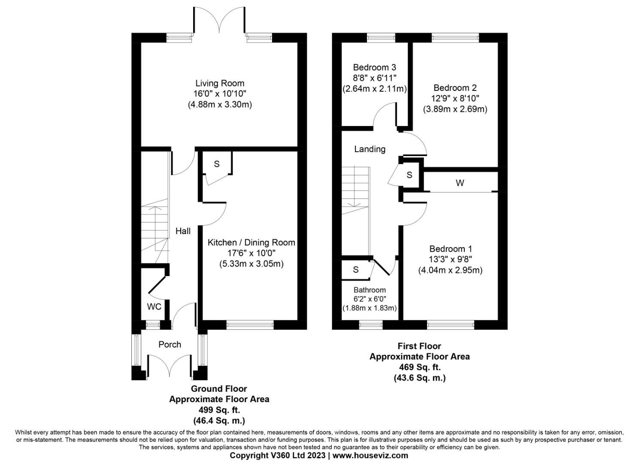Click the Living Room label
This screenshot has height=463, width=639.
pyautogui.click(x=220, y=83)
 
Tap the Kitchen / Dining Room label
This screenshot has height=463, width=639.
pyautogui.click(x=251, y=243)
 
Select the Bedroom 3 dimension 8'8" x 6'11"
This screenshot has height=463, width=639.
pyautogui.click(x=374, y=78)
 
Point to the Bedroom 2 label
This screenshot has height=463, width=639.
pyautogui.click(x=455, y=88)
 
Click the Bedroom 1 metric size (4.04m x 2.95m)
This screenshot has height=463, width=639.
pyautogui.click(x=450, y=270)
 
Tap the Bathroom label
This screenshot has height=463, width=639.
pyautogui.click(x=369, y=290)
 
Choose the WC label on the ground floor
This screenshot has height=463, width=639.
pyautogui.click(x=154, y=307)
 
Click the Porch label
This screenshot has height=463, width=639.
pyautogui.click(x=170, y=345)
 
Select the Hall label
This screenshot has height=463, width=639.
pyautogui.click(x=183, y=231)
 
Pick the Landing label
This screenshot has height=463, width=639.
pyautogui.click(x=369, y=149)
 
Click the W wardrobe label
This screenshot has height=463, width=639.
pyautogui.click(x=460, y=183)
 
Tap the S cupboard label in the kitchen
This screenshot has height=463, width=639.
pyautogui.click(x=217, y=164)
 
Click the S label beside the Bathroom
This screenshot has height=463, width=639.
pyautogui.click(x=355, y=270)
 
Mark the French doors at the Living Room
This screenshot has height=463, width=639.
pyautogui.click(x=220, y=21)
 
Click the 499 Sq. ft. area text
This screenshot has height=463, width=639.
pyautogui.click(x=219, y=410)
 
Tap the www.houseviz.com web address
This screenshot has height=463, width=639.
pyautogui.click(x=370, y=455)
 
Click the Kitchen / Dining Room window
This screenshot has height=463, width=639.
pyautogui.click(x=250, y=325)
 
